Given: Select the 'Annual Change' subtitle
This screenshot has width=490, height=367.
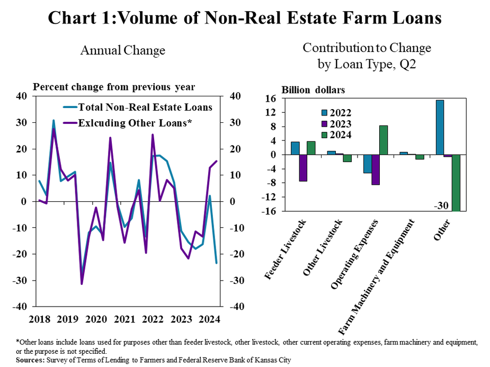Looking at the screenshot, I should click(122, 50).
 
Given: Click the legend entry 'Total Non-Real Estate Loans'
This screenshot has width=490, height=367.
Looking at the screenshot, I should click(145, 107).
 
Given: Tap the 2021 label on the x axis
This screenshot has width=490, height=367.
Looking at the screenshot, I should click(124, 319).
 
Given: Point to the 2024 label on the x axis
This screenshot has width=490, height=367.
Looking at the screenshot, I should click(210, 319).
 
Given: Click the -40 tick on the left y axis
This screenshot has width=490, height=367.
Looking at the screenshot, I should click(21, 307).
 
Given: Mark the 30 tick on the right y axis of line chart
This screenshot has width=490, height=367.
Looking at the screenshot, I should click(235, 123).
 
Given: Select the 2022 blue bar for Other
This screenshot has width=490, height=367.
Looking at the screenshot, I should click(440, 127).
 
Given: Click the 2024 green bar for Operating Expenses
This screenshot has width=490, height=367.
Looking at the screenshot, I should click(383, 140).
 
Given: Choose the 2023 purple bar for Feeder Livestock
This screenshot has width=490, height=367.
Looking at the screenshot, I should click(303, 168).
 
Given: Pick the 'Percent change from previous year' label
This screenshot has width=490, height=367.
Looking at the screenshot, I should click(114, 87).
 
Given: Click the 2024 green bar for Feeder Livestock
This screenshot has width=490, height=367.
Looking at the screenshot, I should click(311, 148).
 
